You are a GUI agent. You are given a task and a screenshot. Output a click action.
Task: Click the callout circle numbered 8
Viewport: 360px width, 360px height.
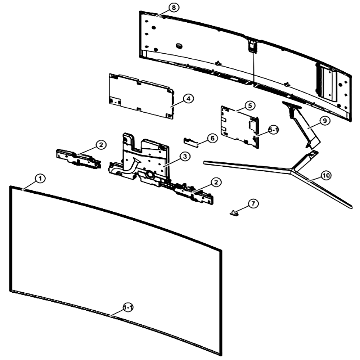174,8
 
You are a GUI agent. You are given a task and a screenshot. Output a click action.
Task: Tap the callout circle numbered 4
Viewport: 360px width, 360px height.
188,99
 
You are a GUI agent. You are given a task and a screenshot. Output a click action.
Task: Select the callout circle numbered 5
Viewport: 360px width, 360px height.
250,105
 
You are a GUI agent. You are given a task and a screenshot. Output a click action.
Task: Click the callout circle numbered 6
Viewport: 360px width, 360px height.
212,138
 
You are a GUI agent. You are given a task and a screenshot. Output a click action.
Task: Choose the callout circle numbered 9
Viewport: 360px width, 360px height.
325,121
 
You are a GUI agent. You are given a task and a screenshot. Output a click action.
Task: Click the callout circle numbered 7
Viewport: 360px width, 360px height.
253,204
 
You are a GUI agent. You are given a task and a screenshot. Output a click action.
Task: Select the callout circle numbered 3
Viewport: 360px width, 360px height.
185,156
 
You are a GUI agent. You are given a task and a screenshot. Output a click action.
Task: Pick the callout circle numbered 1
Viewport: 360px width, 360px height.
40,179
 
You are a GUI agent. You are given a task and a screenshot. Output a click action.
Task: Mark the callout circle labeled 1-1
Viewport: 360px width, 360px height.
128,307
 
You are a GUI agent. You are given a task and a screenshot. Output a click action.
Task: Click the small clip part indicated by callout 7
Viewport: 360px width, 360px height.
234,213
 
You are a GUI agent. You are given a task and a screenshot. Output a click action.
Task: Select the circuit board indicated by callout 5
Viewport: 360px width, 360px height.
240,127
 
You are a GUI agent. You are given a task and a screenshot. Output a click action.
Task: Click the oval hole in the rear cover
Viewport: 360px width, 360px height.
179,46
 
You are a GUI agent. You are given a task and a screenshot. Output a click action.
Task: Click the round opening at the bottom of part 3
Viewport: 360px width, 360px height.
150,175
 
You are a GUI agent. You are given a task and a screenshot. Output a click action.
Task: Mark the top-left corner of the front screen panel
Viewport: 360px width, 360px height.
10,186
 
